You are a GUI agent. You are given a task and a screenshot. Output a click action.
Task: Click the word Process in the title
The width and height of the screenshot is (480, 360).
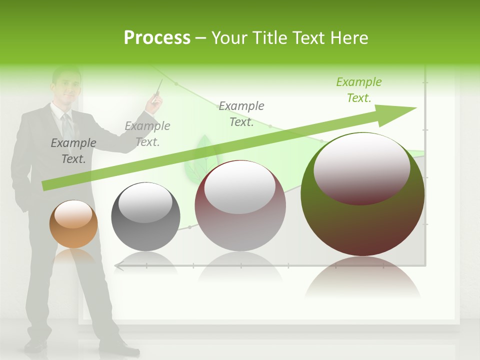pyautogui.click(x=157, y=38)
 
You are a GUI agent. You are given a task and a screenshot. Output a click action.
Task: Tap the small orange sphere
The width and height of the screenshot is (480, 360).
pyautogui.click(x=73, y=224)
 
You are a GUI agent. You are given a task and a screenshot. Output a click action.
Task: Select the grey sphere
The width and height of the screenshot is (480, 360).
pyautogui.click(x=145, y=216)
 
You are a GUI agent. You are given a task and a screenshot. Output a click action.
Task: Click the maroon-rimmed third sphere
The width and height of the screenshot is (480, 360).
pyautogui.click(x=240, y=205)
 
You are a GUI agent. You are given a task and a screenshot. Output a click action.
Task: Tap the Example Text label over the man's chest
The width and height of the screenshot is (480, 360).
pyautogui.click(x=73, y=150)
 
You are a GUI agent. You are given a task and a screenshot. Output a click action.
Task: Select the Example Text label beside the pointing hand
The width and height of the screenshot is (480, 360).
pyautogui.click(x=147, y=134)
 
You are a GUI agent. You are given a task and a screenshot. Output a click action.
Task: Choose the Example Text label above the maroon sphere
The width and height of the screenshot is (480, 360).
pyautogui.click(x=241, y=113)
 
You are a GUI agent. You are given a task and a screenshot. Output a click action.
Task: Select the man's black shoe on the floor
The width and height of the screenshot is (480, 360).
pyautogui.click(x=36, y=345)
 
